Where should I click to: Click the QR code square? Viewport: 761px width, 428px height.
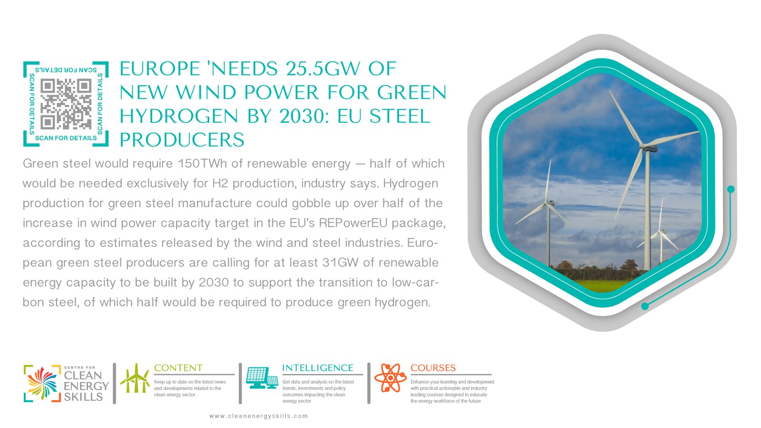tap(66, 104)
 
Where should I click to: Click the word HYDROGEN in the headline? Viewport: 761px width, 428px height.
tap(179, 116)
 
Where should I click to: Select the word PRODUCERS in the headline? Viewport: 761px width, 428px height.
tap(182, 140)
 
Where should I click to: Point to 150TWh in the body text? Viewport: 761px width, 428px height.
tap(202, 164)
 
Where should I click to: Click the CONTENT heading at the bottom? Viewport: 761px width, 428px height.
tap(178, 368)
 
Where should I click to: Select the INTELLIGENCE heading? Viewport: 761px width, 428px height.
tap(318, 368)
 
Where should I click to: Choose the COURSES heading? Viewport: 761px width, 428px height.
tap(433, 368)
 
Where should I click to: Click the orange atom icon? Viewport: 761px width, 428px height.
tap(390, 378)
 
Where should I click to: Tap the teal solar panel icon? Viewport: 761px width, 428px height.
tap(262, 378)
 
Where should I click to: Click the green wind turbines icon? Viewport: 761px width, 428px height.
tap(135, 378)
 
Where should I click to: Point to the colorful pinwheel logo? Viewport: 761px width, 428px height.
tap(42, 383)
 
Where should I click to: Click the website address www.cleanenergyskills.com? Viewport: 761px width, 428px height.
tap(259, 416)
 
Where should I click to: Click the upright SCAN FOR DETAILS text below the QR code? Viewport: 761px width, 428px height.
tap(66, 138)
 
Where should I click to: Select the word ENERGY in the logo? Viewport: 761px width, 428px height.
tap(86, 386)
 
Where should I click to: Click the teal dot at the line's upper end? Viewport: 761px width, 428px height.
tap(731, 189)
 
